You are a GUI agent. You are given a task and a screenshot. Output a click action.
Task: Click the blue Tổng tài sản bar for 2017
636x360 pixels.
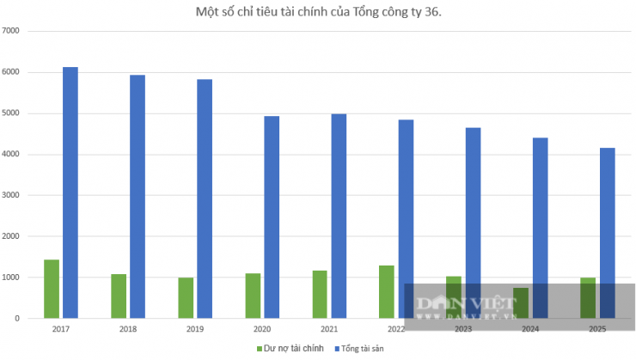(70, 192)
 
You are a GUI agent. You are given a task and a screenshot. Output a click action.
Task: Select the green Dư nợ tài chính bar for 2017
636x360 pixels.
(52, 289)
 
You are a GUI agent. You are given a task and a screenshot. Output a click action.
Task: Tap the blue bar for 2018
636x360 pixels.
(138, 197)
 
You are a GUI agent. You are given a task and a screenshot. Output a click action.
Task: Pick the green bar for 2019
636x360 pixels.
(186, 297)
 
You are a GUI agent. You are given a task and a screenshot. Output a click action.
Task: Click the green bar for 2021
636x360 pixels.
(320, 294)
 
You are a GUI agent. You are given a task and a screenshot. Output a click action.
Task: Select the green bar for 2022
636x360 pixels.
(387, 291)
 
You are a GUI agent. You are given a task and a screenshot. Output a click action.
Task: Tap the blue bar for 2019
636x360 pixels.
(205, 198)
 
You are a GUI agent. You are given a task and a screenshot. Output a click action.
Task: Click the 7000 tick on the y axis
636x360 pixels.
(11, 31)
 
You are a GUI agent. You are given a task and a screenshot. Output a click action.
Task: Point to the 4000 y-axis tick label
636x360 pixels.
(11, 155)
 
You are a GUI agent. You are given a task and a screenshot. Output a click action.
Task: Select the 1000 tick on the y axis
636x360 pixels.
(11, 278)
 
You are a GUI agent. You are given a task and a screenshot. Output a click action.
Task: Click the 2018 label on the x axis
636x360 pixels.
(128, 328)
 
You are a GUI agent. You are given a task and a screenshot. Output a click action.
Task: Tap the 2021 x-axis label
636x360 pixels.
(329, 328)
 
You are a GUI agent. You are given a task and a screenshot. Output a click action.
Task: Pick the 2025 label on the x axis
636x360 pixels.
(597, 328)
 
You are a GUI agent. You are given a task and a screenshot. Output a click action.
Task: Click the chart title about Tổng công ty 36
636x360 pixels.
(317, 11)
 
